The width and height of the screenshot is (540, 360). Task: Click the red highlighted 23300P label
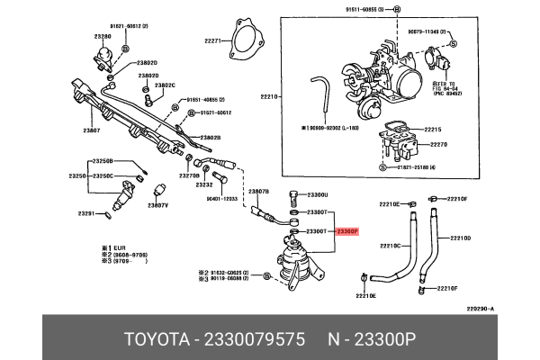pyautogui.click(x=347, y=231)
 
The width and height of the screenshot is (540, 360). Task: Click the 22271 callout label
pyautogui.click(x=213, y=40)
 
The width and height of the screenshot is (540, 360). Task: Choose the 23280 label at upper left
pyautogui.click(x=103, y=37)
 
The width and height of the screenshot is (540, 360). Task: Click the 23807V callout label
pyautogui.click(x=158, y=205)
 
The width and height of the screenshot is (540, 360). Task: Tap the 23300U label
pyautogui.click(x=318, y=194)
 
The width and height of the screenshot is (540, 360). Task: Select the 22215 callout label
pyautogui.click(x=436, y=130)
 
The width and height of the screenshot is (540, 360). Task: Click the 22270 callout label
pyautogui.click(x=437, y=144)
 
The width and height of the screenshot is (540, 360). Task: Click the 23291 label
pyautogui.click(x=86, y=213)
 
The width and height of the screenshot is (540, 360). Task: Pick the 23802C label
pyautogui.click(x=165, y=85)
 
